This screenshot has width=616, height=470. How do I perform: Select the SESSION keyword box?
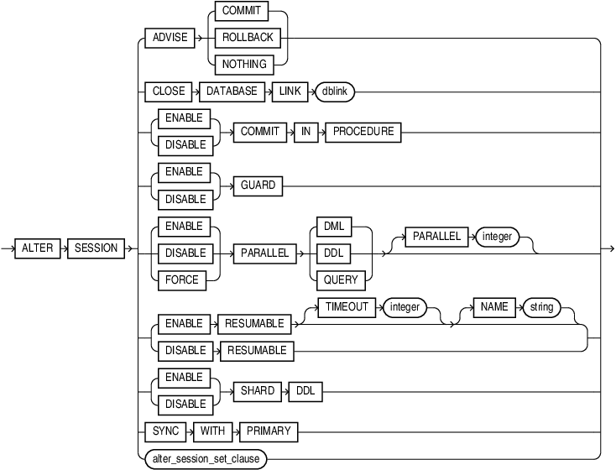(x=97, y=248)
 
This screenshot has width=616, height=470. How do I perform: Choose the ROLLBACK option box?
(x=247, y=39)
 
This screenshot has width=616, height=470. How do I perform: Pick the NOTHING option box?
(x=247, y=64)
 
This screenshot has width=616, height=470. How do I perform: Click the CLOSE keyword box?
(x=168, y=91)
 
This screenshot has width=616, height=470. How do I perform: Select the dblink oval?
(x=335, y=91)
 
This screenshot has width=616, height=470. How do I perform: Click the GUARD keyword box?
(x=258, y=185)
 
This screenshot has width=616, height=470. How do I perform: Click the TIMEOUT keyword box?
(x=347, y=308)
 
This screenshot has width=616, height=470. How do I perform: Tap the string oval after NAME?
(x=541, y=308)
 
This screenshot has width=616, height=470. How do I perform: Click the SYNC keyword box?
(x=164, y=431)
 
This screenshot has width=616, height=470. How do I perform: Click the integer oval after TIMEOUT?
(x=405, y=308)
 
